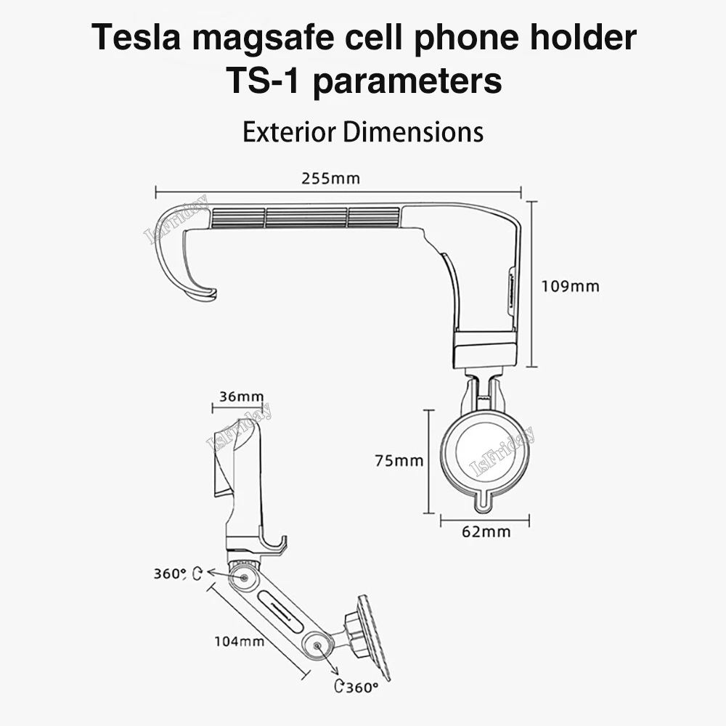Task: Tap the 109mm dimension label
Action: click(571, 286)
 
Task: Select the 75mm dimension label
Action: click(399, 460)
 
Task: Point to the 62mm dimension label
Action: click(486, 531)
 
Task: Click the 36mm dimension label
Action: click(241, 396)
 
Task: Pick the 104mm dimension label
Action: click(239, 641)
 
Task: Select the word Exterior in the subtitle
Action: click(289, 132)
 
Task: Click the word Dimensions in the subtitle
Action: click(412, 132)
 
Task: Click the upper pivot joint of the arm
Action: click(243, 579)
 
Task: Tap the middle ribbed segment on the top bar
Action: click(306, 217)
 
